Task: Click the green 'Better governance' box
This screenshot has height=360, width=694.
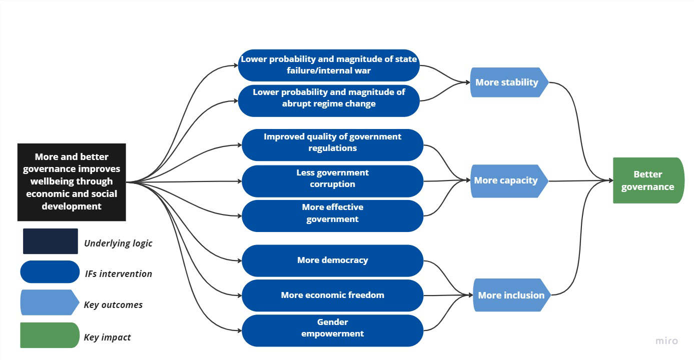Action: pos(647,180)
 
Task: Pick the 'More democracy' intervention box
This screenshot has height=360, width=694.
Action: pos(332,260)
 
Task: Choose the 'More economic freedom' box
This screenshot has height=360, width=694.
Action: pos(332,295)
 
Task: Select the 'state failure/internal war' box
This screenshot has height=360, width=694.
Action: pos(328,65)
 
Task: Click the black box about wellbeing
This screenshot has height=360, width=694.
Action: pos(72,182)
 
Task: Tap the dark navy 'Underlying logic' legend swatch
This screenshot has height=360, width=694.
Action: pos(50,241)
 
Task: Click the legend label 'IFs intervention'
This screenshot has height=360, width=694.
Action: pos(119,273)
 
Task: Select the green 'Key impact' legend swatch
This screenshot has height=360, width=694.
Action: pos(49,335)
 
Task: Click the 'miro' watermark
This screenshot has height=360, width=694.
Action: pos(666,341)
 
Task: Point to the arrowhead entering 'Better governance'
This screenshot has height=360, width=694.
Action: pos(610,180)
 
